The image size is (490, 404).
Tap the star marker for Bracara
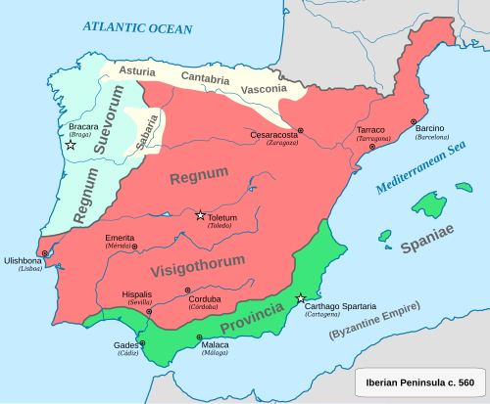point(71,145)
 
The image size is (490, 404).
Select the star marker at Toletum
point(200,215)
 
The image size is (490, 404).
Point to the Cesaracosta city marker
point(301,130)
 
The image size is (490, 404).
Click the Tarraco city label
point(370,130)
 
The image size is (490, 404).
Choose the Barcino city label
point(429,129)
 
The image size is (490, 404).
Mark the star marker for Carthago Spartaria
point(301,297)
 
